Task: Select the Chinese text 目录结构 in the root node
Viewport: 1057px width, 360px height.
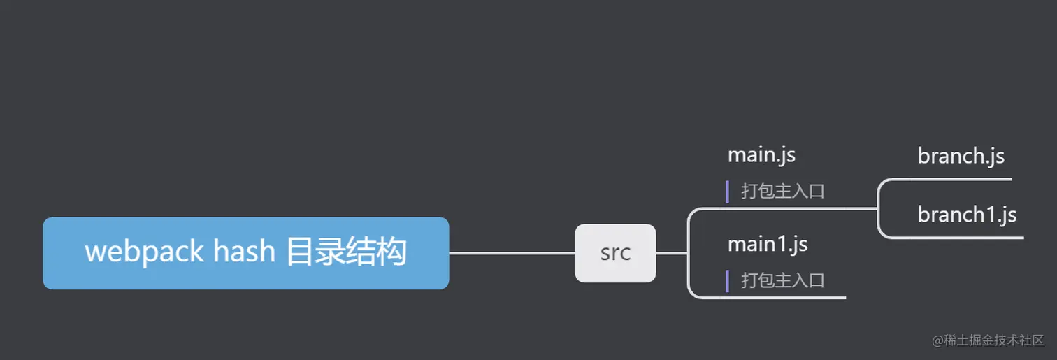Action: (346, 252)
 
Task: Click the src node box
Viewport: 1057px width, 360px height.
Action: (615, 253)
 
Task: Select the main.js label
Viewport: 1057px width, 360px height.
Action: (761, 154)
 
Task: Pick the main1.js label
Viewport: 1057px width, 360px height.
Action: (768, 244)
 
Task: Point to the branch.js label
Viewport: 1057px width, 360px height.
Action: (961, 156)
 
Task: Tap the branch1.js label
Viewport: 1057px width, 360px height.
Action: (967, 215)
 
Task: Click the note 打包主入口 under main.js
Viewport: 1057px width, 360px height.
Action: (783, 191)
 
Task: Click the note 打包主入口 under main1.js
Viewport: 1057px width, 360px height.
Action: (783, 280)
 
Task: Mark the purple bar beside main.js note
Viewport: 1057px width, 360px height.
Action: (728, 192)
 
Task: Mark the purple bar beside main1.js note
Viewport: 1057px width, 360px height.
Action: (728, 281)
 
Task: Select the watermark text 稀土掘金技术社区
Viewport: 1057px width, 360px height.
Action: (993, 340)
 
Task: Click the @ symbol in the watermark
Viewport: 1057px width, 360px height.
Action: (937, 340)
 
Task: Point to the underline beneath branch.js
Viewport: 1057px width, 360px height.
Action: (958, 179)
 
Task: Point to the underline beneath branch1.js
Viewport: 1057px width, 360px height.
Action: (965, 238)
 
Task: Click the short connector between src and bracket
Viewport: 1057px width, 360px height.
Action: (672, 253)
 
